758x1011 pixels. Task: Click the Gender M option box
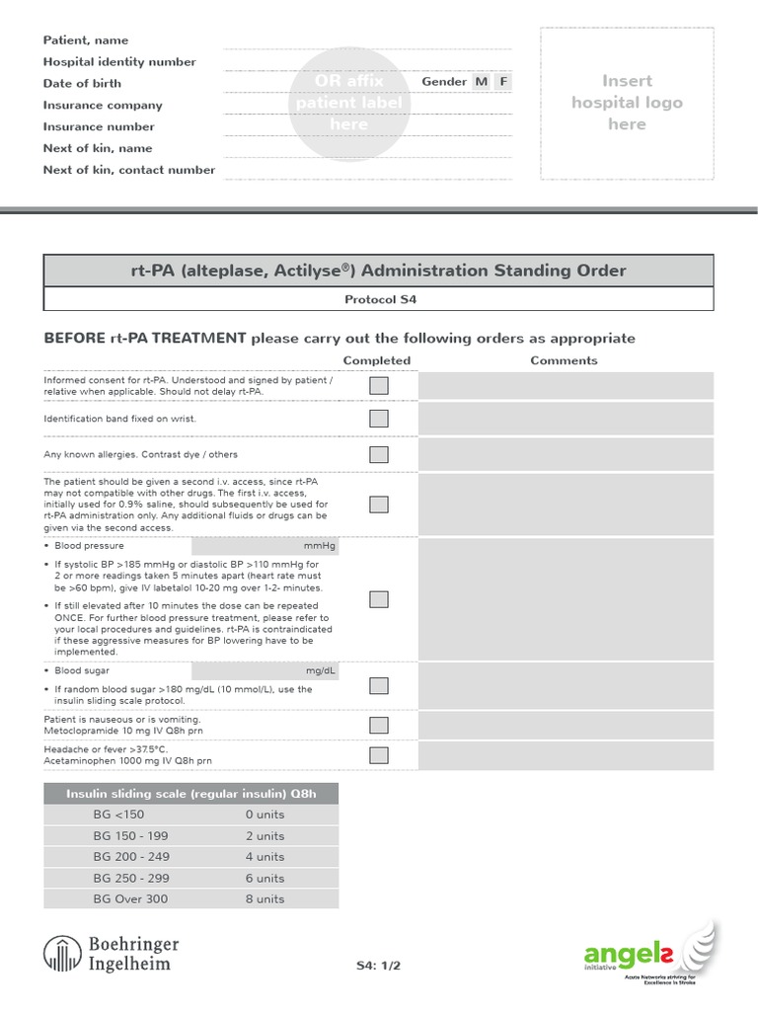click(x=481, y=82)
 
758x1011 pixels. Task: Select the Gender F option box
click(x=503, y=82)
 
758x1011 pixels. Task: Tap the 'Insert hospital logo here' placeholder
click(x=627, y=103)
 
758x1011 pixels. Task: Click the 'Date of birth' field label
click(x=81, y=84)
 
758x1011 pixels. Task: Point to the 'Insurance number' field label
click(x=99, y=126)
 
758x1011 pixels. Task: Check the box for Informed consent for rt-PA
click(x=379, y=386)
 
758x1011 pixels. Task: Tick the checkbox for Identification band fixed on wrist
click(x=379, y=419)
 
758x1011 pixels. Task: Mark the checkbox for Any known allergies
click(x=379, y=454)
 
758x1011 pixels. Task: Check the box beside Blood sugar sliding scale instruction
click(x=379, y=686)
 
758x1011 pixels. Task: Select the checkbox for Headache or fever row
click(x=379, y=756)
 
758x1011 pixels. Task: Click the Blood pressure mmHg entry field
click(x=265, y=546)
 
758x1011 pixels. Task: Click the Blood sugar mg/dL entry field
click(x=265, y=670)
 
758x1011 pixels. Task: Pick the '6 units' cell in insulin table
click(x=265, y=878)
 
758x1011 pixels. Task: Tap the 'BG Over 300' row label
click(x=130, y=898)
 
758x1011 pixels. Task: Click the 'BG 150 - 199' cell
click(x=130, y=835)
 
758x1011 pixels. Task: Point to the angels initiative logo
click(x=650, y=954)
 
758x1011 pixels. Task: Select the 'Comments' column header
click(x=564, y=360)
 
